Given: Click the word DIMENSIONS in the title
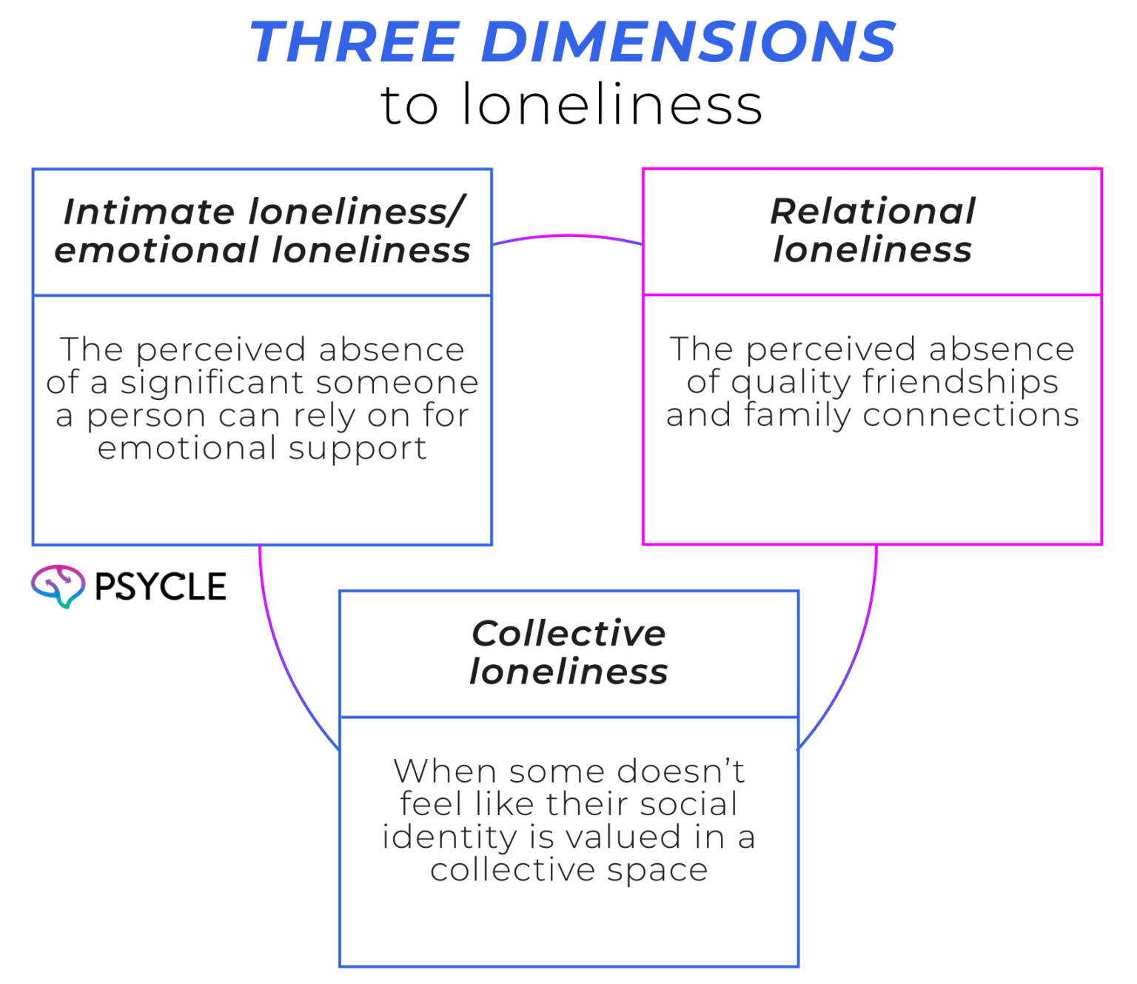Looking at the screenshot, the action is coord(688,41).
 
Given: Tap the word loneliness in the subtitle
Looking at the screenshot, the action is coord(611,104).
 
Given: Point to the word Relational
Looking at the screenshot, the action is coord(873,211).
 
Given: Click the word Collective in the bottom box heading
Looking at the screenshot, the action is coord(568,633).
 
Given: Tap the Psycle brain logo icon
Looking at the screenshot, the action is coord(58,586).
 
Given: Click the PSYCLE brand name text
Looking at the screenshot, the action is coord(161,586).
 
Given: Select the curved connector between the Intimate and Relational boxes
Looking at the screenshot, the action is coord(567,236).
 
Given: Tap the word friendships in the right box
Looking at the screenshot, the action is coord(960,381).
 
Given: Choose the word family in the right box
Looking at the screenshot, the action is coord(798,415).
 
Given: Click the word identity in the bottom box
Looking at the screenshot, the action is coord(450,837).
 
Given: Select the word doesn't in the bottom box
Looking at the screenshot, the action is coord(681,771).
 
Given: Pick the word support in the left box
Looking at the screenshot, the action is coord(358,449).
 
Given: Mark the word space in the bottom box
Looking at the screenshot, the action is coord(657,871).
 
